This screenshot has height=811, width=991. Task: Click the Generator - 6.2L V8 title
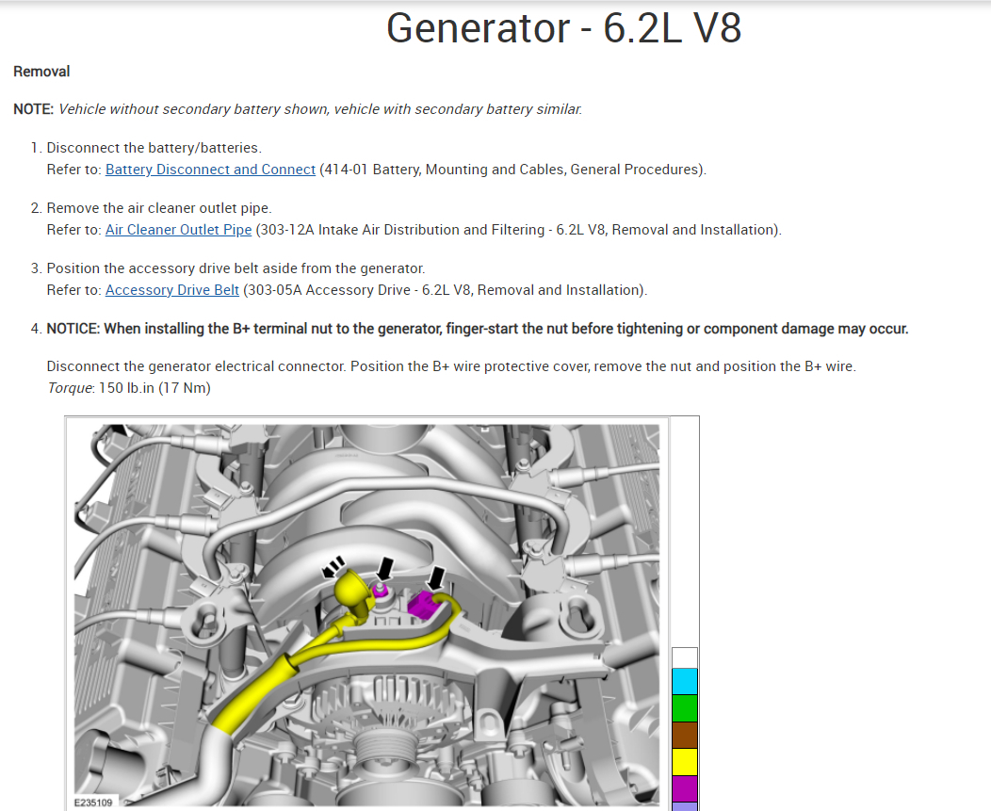point(563,29)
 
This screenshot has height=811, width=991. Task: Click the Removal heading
point(41,72)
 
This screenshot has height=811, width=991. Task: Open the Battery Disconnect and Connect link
point(210,170)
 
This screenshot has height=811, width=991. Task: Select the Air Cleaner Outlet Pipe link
point(178,230)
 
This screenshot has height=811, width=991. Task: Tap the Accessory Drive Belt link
point(172,290)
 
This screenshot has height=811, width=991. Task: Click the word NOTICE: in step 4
point(73,329)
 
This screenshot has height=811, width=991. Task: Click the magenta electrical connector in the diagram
point(425,605)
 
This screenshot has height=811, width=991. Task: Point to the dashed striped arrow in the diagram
point(333,567)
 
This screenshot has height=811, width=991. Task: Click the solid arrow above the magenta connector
point(438,576)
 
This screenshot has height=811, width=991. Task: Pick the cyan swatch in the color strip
point(685,681)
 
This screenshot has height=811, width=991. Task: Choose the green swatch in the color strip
point(685,708)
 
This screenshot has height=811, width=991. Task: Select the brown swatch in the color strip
point(685,736)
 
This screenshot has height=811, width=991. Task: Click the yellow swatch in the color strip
point(685,762)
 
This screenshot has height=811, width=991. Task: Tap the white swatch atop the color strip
point(685,657)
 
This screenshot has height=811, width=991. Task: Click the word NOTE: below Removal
point(33,109)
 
